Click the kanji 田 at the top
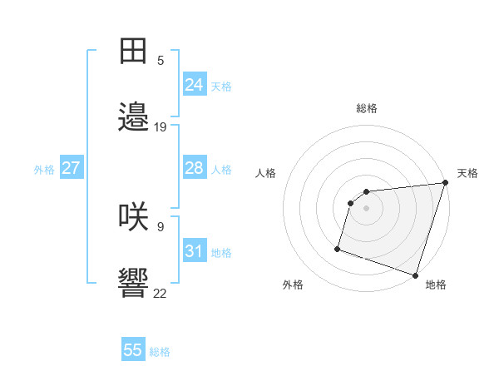pyautogui.click(x=134, y=52)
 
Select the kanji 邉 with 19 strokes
pyautogui.click(x=134, y=116)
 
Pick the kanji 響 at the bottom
pyautogui.click(x=134, y=283)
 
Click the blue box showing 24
pyautogui.click(x=195, y=85)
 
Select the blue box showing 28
pyautogui.click(x=195, y=168)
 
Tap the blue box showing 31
pyautogui.click(x=195, y=251)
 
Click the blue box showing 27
pyautogui.click(x=72, y=168)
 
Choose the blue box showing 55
pyautogui.click(x=133, y=350)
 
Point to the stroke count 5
pyautogui.click(x=161, y=60)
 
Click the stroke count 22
pyautogui.click(x=161, y=293)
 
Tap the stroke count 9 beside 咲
pyautogui.click(x=161, y=226)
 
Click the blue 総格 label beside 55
pyautogui.click(x=160, y=352)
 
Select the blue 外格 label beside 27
pyautogui.click(x=44, y=170)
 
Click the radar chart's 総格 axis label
pyautogui.click(x=367, y=108)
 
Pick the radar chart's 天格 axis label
pyautogui.click(x=467, y=173)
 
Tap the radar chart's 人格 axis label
pyautogui.click(x=266, y=173)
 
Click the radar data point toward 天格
pyautogui.click(x=446, y=183)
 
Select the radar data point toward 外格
pyautogui.click(x=338, y=248)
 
